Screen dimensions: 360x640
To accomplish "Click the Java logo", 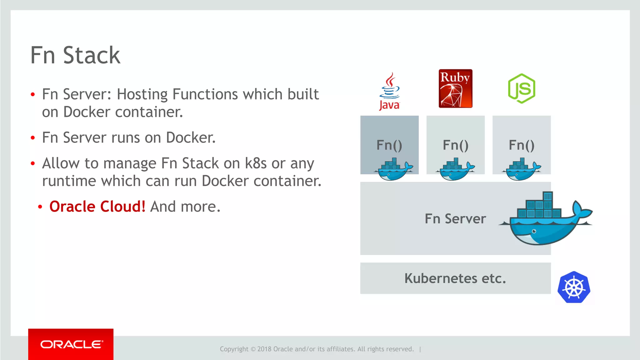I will (389, 91).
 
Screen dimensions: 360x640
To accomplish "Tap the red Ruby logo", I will (455, 89).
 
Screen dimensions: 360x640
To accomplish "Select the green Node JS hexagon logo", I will (522, 88).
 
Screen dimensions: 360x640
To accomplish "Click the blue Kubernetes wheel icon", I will (574, 287).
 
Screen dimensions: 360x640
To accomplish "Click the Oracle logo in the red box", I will (71, 344).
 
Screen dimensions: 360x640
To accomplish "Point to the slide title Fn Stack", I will (75, 55).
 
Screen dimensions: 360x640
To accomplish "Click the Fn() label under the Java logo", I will (389, 145).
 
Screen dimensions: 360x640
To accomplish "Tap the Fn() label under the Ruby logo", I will (455, 145).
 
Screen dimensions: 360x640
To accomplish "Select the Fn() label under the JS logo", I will (522, 145).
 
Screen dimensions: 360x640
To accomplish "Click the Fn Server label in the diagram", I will (455, 218).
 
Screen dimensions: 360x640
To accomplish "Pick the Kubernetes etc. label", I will (455, 278).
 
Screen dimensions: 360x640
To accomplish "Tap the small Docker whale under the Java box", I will (393, 170).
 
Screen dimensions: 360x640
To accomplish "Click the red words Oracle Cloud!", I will (97, 207).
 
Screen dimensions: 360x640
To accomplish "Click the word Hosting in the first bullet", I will (142, 94).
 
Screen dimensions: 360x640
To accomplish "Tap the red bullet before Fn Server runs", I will (33, 138).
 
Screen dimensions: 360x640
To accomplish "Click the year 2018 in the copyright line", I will (264, 349).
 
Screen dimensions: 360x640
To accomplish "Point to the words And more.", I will (185, 207).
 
